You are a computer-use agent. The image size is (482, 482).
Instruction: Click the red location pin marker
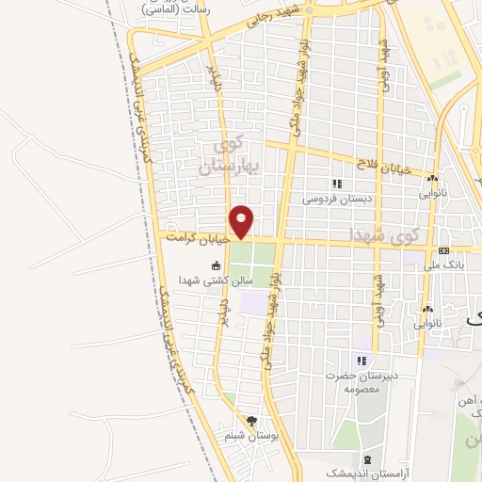pyautogui.click(x=242, y=220)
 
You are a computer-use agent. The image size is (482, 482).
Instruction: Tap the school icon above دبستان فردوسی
pyautogui.click(x=337, y=184)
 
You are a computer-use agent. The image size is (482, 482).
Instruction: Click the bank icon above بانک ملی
pyautogui.click(x=443, y=250)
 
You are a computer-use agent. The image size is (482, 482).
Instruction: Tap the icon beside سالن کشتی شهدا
pyautogui.click(x=217, y=265)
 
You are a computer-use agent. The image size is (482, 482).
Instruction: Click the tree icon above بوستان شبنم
pyautogui.click(x=250, y=421)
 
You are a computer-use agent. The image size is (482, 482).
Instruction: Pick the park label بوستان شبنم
pyautogui.click(x=248, y=436)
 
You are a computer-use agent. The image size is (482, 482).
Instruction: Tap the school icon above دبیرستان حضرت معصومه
pyautogui.click(x=360, y=361)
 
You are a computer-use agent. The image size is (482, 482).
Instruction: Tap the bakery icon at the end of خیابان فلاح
pyautogui.click(x=432, y=178)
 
